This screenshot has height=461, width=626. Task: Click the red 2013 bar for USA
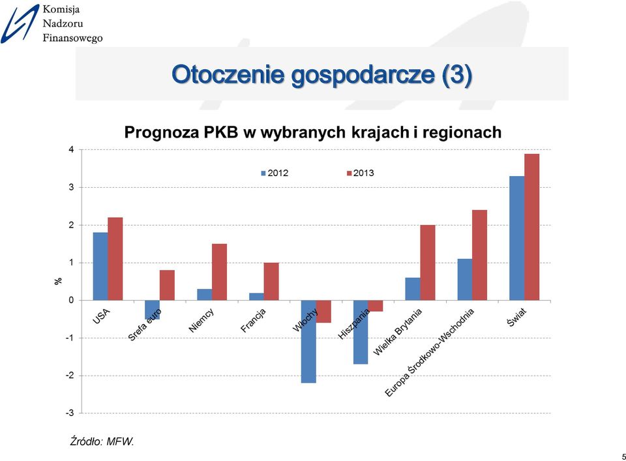[x=115, y=259]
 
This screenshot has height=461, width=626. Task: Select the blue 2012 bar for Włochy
[x=308, y=342]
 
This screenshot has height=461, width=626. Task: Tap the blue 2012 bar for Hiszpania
[x=361, y=332]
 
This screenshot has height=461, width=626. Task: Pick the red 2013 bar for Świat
[x=532, y=227]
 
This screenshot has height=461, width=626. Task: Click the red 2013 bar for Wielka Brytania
[x=428, y=263]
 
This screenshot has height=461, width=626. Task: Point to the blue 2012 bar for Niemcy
[x=204, y=295]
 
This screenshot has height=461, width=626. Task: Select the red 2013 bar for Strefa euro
[x=168, y=285]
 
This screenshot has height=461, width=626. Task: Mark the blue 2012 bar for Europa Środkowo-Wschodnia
[x=465, y=279]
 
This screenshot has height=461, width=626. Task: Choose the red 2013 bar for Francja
[x=271, y=282]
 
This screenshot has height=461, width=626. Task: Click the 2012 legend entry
[x=275, y=173]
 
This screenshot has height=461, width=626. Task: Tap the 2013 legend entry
[x=360, y=173]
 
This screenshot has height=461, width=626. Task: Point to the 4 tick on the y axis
[x=72, y=150]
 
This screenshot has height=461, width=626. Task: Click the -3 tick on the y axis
[x=70, y=413]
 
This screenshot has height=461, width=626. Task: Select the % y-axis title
[x=58, y=281]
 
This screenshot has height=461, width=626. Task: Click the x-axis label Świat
[x=517, y=318]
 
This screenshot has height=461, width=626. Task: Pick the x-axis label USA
[x=101, y=316]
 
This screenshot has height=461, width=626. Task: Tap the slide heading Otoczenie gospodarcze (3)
[x=321, y=74]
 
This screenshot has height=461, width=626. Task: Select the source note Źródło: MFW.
[x=102, y=441]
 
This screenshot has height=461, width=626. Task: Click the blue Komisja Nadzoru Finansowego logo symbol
[x=20, y=24]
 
